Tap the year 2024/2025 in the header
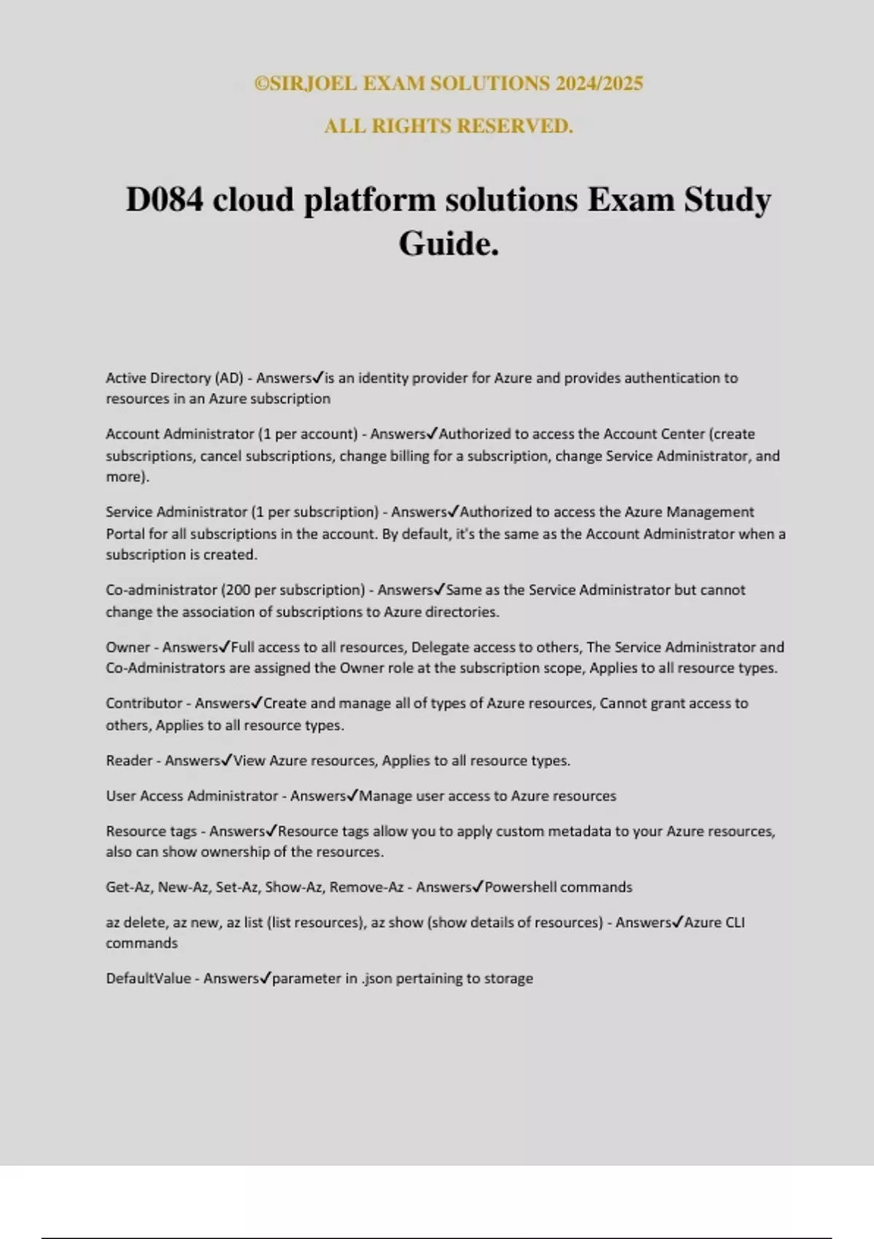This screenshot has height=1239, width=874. click(x=599, y=84)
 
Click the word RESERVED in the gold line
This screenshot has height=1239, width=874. click(x=514, y=126)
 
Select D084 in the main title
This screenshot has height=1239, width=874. click(x=165, y=200)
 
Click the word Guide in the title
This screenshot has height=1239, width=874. click(x=444, y=243)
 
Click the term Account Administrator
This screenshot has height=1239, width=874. click(x=180, y=434)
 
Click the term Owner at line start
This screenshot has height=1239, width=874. click(x=127, y=647)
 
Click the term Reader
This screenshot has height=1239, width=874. click(x=129, y=761)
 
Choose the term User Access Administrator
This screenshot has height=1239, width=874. click(x=192, y=796)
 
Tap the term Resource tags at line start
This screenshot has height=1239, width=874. click(x=151, y=832)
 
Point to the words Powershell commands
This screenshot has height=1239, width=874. click(x=558, y=888)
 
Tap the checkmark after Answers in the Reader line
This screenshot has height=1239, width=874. click(x=227, y=760)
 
